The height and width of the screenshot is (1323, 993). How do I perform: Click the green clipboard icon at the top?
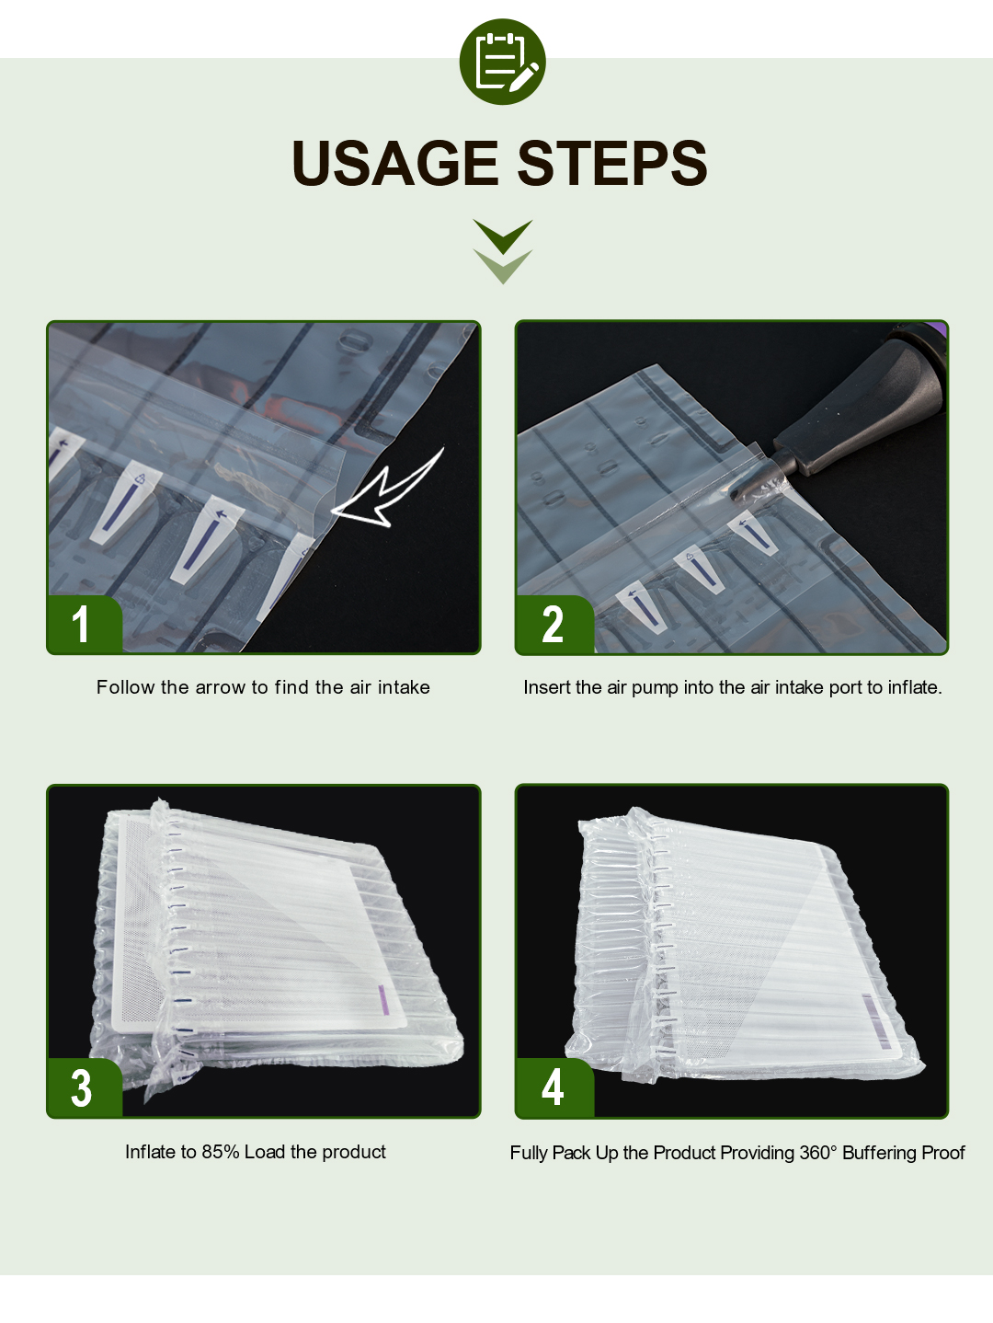(502, 62)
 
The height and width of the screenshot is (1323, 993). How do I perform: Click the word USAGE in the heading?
(395, 163)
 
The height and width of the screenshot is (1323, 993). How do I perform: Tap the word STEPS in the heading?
(611, 163)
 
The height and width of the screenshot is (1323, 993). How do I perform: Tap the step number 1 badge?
(85, 624)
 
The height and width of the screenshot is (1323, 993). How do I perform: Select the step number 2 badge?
(554, 624)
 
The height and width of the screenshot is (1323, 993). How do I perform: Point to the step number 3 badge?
(85, 1088)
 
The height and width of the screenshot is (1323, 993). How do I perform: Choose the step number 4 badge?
(554, 1088)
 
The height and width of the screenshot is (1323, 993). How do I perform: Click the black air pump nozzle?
(843, 409)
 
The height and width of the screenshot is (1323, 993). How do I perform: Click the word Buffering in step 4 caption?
(879, 1154)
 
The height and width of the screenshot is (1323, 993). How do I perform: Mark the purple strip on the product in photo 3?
(382, 1002)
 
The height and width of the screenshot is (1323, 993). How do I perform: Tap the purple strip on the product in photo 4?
(875, 1020)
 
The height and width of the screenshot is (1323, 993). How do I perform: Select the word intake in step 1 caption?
(404, 687)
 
